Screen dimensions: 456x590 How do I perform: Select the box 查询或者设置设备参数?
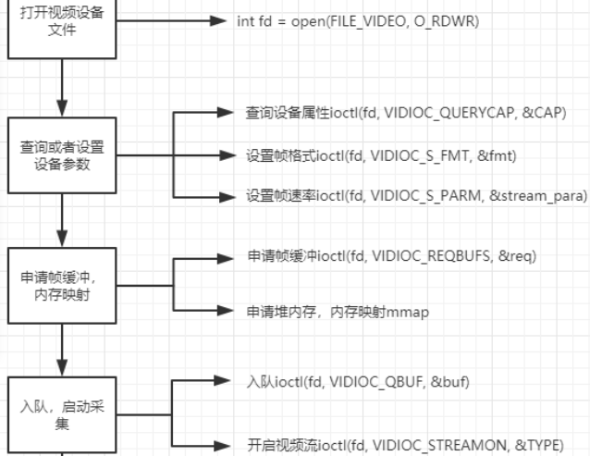pyautogui.click(x=62, y=151)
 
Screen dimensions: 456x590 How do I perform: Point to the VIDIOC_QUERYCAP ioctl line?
pyautogui.click(x=406, y=113)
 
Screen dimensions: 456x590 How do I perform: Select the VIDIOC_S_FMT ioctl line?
pyautogui.click(x=381, y=155)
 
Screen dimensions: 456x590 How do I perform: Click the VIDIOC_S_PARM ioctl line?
pyautogui.click(x=417, y=197)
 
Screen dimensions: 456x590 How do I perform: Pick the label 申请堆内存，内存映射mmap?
pyautogui.click(x=338, y=312)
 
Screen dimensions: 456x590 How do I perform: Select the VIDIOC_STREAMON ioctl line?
pyautogui.click(x=405, y=443)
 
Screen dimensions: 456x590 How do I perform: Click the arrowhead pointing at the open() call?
pyautogui.click(x=220, y=20)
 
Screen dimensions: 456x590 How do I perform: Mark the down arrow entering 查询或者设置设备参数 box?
pyautogui.click(x=62, y=109)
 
